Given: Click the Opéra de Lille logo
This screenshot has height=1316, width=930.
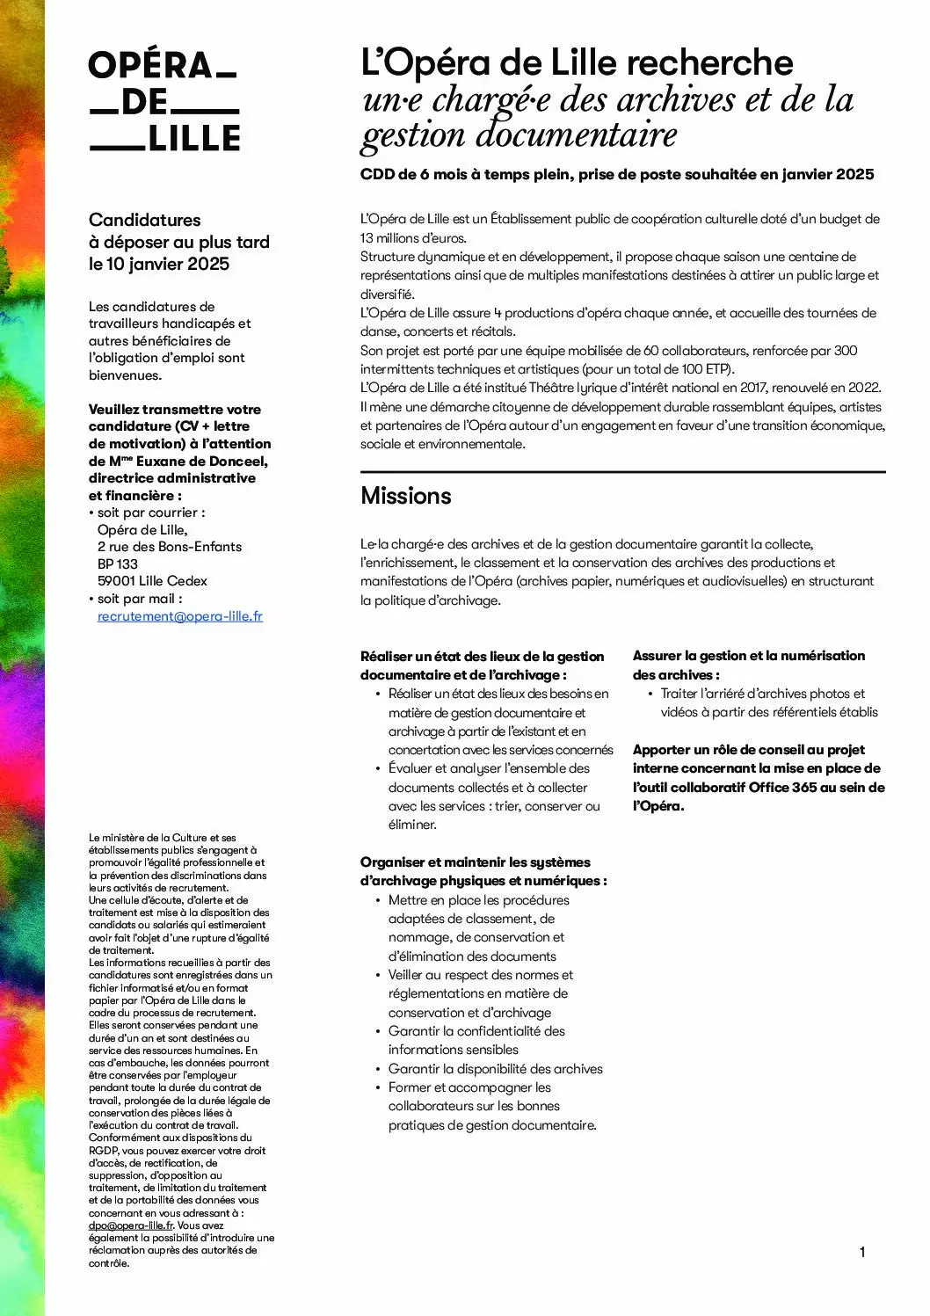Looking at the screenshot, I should [x=164, y=102].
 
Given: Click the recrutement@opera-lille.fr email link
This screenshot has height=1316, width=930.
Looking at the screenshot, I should [x=180, y=616].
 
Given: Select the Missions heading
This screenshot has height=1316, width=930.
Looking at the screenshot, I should [x=406, y=496].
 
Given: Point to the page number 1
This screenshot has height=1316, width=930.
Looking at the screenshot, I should [x=862, y=1252].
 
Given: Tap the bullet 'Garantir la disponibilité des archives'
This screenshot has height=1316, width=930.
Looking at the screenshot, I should [x=496, y=1069].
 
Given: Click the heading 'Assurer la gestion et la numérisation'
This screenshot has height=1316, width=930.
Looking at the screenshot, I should [x=749, y=656].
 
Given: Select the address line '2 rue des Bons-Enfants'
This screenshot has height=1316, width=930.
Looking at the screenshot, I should [x=170, y=547].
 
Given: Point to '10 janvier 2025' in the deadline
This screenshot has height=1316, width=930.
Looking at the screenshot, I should [x=167, y=264].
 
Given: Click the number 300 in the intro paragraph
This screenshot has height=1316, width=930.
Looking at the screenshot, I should [x=845, y=351].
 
